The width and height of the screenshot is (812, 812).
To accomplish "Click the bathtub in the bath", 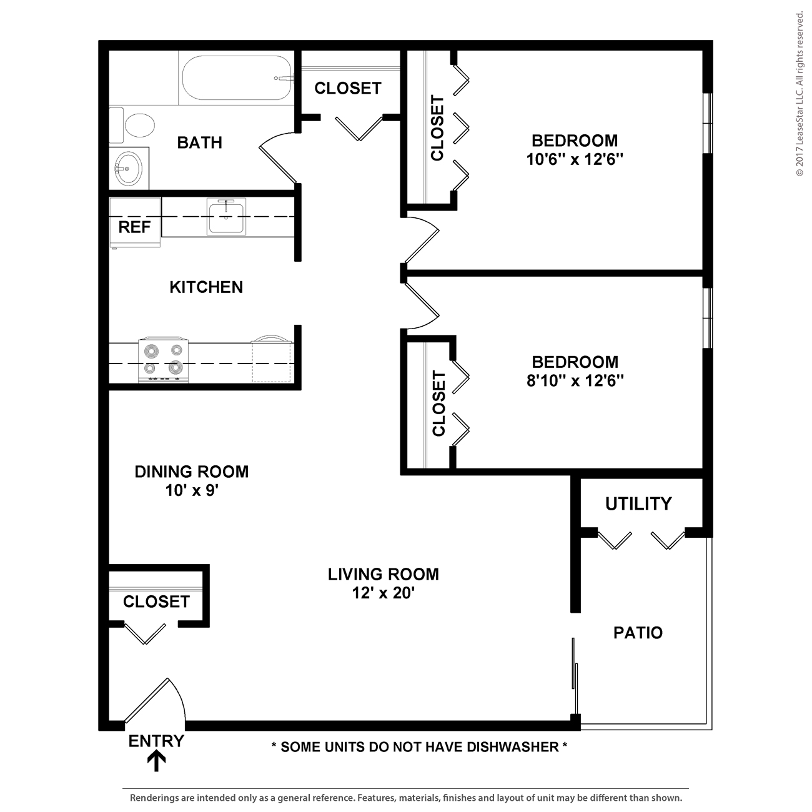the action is (236, 78).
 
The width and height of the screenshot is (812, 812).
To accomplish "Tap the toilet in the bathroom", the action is (132, 125).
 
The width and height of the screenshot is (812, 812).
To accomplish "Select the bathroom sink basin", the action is (129, 169).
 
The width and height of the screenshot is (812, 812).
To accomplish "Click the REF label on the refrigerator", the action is (134, 227).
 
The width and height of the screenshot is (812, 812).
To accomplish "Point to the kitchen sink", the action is (226, 217).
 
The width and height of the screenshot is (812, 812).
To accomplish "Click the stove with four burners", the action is (164, 360).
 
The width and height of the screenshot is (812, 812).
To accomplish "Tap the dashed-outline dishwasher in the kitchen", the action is (272, 359).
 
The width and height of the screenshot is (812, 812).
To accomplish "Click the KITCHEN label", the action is (207, 287).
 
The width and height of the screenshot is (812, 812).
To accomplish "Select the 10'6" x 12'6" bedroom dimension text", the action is (575, 159).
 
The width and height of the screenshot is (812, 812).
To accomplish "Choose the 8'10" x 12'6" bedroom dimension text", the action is (575, 381).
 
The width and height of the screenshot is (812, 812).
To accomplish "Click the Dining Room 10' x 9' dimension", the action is (192, 490).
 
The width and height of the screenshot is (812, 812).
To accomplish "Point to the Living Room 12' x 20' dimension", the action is (384, 593).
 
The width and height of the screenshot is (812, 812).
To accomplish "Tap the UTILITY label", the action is (638, 504).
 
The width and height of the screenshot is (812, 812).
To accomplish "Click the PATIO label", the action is (638, 633).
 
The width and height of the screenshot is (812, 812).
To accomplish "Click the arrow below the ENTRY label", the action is (156, 761).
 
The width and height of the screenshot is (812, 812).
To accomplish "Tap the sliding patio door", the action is (575, 678).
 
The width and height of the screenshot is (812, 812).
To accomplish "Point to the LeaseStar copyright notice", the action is (799, 94).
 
